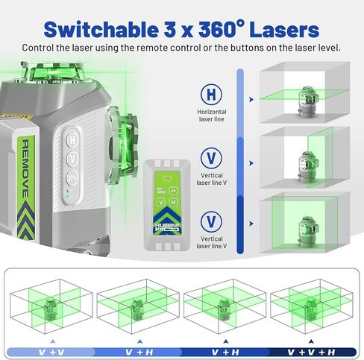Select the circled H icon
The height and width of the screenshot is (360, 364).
click(212, 95)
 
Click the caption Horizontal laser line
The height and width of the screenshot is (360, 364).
click(212, 115)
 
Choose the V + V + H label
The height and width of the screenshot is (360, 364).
click(307, 350)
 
